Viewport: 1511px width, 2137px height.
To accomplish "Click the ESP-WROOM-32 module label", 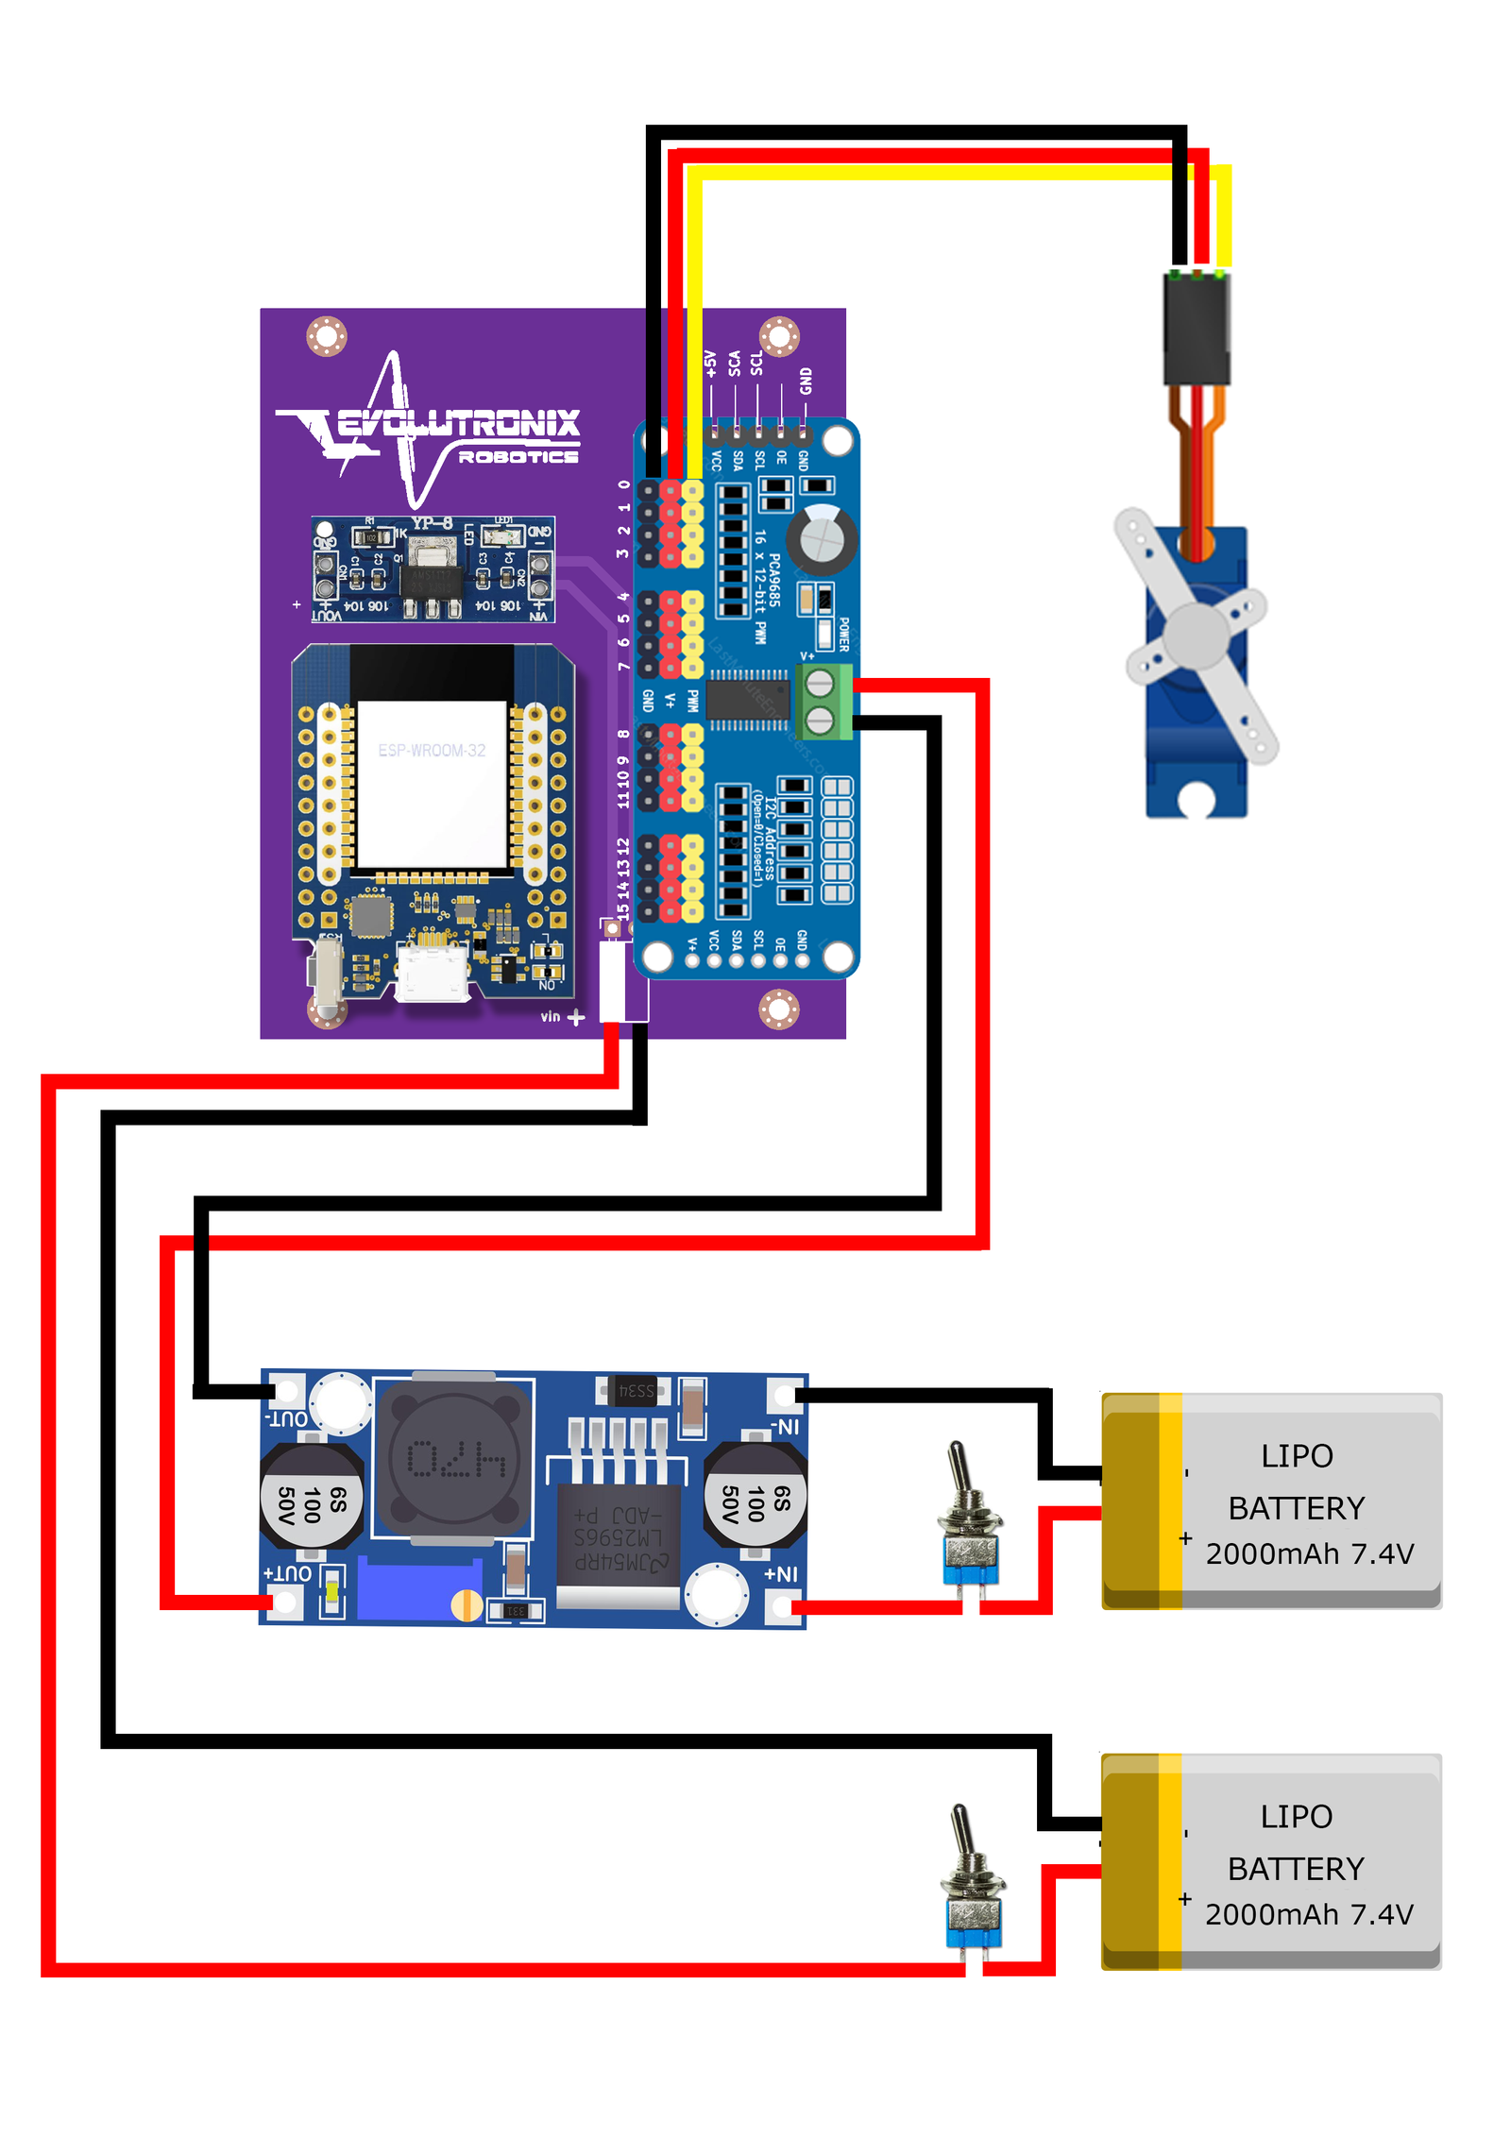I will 432,751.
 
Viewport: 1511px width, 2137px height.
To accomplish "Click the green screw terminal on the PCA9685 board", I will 821,701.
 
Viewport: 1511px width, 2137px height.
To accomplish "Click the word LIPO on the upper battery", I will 1297,1456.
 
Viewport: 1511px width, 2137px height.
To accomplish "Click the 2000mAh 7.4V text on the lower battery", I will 1309,1914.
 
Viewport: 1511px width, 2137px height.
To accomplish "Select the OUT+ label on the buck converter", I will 287,1573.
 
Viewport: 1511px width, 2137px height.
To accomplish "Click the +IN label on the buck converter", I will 780,1574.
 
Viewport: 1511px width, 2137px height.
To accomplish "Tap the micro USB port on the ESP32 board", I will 432,974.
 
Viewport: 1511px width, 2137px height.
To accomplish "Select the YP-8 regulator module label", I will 432,523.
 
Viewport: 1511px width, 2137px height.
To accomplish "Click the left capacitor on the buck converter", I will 311,1498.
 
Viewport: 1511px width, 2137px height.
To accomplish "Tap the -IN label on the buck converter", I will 784,1427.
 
